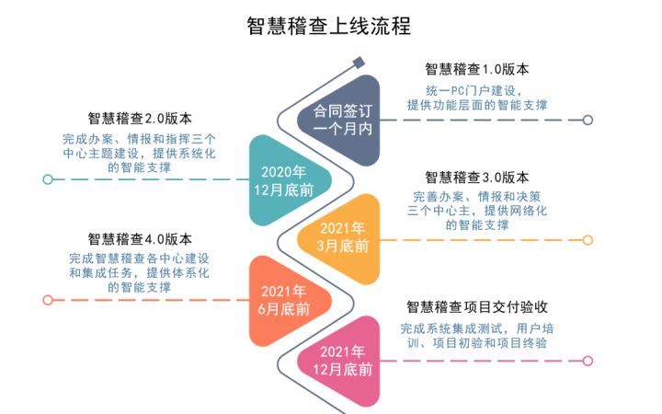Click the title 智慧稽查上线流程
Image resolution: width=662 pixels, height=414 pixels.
click(x=328, y=26)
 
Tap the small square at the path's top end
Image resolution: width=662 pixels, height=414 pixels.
click(x=359, y=63)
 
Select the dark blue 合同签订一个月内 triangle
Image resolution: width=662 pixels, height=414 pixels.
click(x=339, y=121)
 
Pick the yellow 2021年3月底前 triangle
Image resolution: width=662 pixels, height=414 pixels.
click(x=339, y=239)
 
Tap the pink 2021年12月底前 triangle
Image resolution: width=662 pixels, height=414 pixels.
click(x=339, y=362)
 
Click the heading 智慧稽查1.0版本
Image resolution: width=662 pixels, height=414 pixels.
click(x=477, y=69)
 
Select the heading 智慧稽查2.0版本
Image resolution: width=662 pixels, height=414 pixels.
click(x=140, y=119)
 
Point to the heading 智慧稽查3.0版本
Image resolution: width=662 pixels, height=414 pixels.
click(x=477, y=178)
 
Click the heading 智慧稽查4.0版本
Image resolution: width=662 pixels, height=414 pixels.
click(x=140, y=239)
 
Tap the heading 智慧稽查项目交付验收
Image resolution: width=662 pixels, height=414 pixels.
click(x=477, y=306)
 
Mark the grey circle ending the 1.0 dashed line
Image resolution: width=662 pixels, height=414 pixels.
click(x=588, y=120)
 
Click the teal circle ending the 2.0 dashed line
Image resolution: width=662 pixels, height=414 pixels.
click(x=48, y=179)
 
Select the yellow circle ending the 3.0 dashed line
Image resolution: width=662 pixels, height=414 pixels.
click(x=588, y=240)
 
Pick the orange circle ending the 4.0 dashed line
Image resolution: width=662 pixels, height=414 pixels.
click(x=48, y=300)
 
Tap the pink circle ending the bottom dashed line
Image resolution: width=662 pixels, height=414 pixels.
click(x=588, y=361)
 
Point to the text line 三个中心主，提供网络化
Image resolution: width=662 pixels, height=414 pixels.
click(x=477, y=211)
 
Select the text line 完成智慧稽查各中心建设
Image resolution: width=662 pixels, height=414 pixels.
click(x=140, y=259)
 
